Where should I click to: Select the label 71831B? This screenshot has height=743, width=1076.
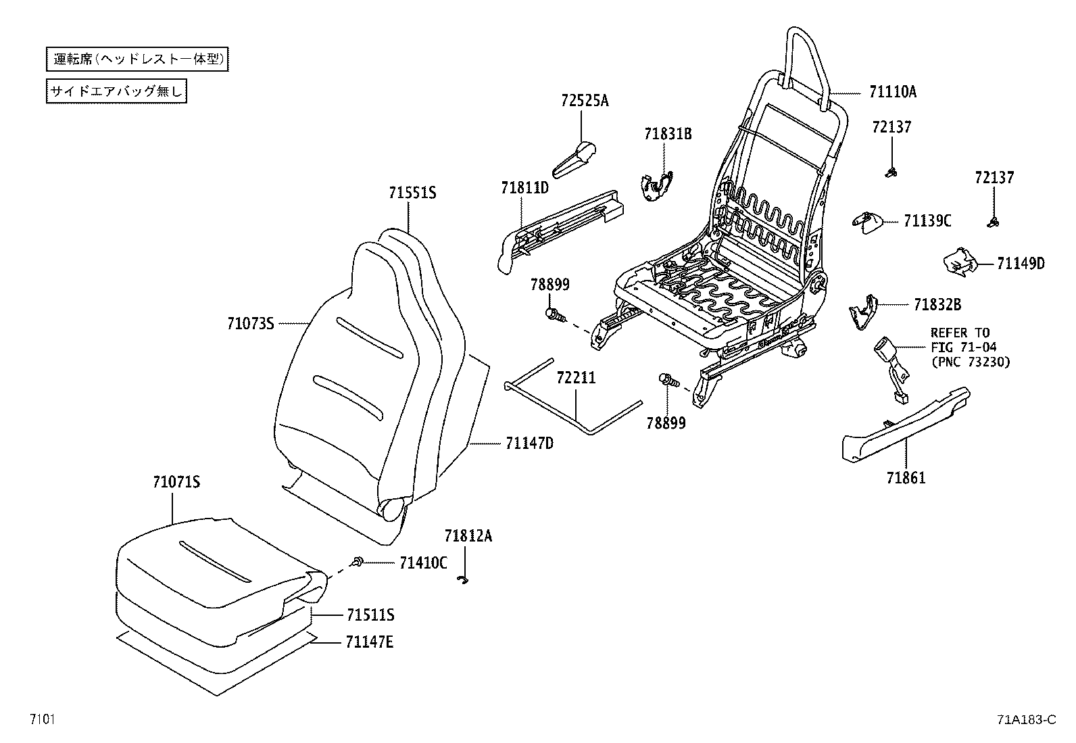[x=667, y=133]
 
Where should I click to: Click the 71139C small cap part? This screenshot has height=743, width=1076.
[x=866, y=221]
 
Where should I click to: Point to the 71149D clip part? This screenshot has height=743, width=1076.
[x=960, y=262]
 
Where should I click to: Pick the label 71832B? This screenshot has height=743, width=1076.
[x=937, y=305]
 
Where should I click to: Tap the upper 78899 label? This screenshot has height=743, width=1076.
[x=549, y=285]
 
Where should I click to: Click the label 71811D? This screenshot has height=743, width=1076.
[x=524, y=187]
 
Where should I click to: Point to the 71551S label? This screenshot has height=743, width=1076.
[x=412, y=193]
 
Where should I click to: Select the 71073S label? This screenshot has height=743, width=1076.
[x=250, y=324]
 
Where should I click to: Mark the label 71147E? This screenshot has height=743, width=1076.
[x=369, y=642]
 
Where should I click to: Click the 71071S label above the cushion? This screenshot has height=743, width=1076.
[x=176, y=482]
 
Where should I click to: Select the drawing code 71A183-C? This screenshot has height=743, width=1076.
[x=1025, y=720]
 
